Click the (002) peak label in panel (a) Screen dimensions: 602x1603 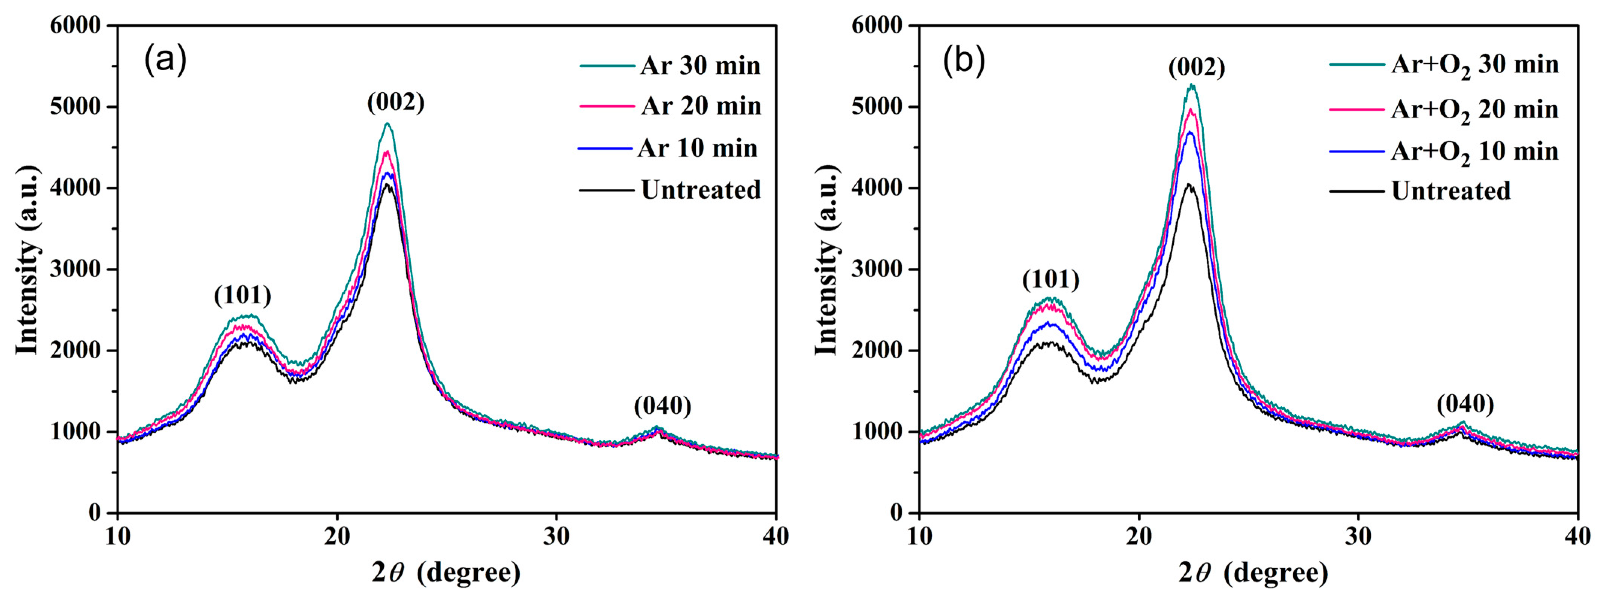pyautogui.click(x=396, y=102)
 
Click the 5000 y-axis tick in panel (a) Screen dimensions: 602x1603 pyautogui.click(x=75, y=107)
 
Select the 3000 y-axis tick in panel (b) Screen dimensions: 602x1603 pyautogui.click(x=876, y=269)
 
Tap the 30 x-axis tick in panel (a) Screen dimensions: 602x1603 pyautogui.click(x=556, y=536)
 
